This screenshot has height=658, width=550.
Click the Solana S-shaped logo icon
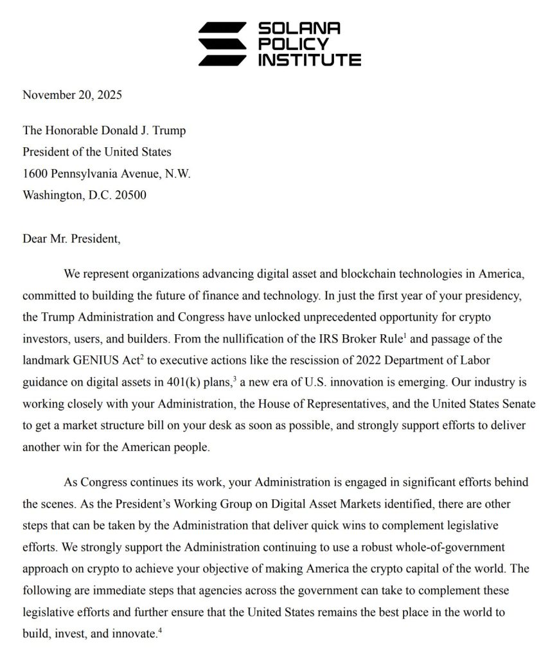click(221, 44)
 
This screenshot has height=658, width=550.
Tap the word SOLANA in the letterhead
click(299, 28)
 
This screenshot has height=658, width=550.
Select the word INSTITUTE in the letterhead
click(309, 60)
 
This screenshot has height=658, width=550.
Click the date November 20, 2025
click(72, 95)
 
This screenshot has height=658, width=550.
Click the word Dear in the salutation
click(36, 240)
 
